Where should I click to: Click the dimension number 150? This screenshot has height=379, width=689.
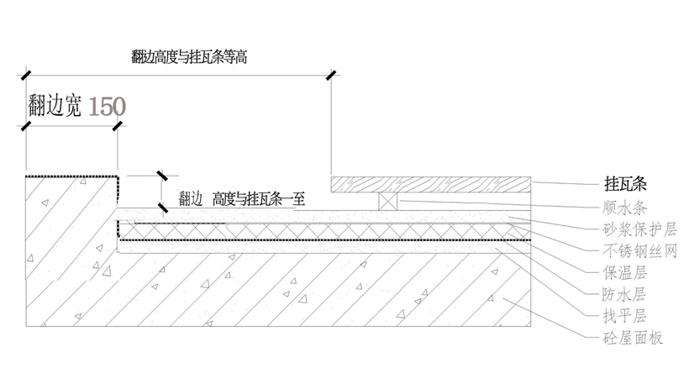107,107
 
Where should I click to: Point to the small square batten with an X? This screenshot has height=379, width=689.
387,201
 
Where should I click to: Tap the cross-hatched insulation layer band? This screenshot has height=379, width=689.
336,230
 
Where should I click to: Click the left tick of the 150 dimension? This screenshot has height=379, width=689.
25,126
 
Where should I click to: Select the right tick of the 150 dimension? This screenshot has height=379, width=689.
117,126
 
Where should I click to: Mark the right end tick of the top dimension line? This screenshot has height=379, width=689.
330,76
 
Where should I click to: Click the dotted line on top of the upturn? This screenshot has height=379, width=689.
71,176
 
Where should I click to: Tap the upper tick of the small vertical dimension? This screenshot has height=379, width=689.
160,176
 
